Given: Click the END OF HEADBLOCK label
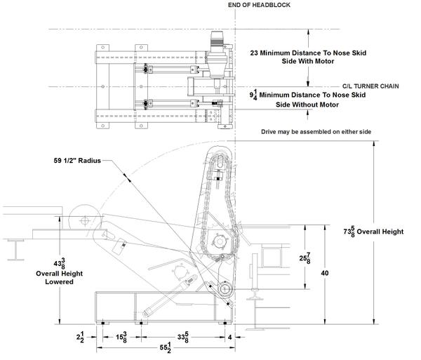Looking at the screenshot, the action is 259,5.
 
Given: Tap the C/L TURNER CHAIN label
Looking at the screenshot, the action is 370,86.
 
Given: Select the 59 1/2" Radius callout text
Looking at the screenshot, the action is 77,161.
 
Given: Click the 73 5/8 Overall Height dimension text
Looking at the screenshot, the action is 373,232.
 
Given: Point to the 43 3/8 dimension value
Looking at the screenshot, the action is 60,263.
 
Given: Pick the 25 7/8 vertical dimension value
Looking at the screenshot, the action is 305,258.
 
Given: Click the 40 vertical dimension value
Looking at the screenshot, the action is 325,273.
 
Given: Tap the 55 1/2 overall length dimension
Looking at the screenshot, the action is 166,347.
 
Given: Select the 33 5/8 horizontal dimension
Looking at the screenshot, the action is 183,337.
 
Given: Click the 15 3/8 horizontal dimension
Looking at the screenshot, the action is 121,337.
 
